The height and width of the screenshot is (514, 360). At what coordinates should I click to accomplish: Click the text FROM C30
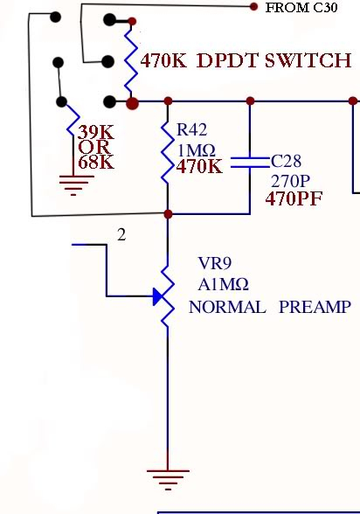point(301,9)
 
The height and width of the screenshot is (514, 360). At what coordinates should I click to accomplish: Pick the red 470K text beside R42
point(200,164)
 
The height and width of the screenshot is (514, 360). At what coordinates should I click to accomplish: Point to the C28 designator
point(286,162)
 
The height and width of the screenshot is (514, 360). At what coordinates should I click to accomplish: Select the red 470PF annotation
point(294,199)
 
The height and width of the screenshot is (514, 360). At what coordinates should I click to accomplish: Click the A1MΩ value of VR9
point(224,284)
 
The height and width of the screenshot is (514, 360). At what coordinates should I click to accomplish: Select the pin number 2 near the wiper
point(122,234)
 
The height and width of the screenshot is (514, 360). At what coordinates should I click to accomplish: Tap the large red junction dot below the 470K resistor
point(132,104)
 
